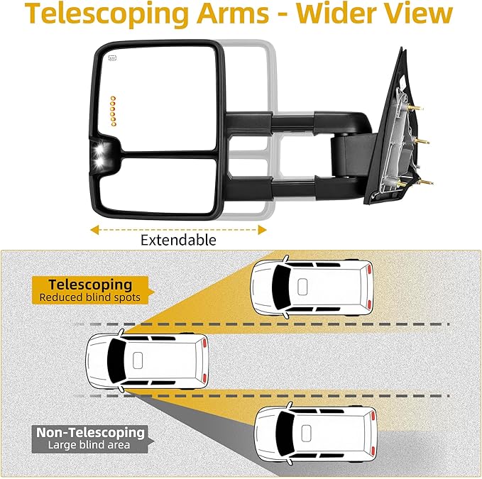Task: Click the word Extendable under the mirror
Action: pos(178,240)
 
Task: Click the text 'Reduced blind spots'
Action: pos(90,298)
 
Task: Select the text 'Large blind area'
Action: pos(90,446)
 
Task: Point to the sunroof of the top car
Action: pos(302,286)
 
